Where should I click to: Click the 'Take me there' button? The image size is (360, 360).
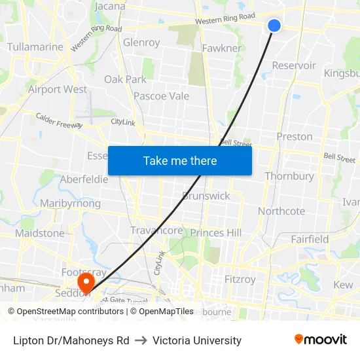pos(180,160)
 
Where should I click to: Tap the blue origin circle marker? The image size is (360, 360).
pos(274,26)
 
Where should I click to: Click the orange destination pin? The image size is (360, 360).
pos(86,281)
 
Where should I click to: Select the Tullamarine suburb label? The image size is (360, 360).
pos(35,47)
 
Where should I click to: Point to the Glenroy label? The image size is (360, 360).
pos(141,43)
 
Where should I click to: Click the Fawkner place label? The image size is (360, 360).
pos(221,48)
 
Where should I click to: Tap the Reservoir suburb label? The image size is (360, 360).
pos(294,65)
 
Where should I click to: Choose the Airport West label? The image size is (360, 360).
pos(58,89)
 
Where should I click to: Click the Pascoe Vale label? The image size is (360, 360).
pos(161,96)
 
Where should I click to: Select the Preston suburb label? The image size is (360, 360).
pos(295,137)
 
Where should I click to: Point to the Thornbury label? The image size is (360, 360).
pos(289,176)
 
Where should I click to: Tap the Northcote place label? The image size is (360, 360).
pos(281,211)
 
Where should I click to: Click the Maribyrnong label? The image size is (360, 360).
pos(71,204)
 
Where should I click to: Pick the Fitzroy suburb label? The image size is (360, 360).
pos(240,279)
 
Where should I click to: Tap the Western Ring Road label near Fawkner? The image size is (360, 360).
pos(225,20)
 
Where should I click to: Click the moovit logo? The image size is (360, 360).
pos(321,340)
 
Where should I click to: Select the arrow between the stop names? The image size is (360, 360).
pos(141,340)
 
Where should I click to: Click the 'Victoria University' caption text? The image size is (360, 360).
pos(197,340)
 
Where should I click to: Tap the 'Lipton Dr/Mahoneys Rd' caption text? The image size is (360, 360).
pos(71,340)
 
